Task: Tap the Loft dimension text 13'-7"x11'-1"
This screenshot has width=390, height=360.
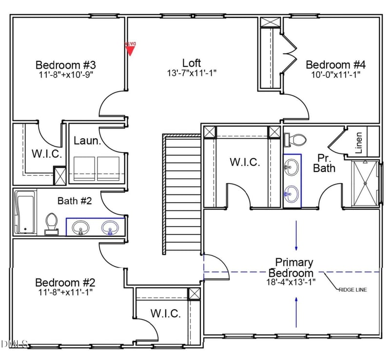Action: (192, 73)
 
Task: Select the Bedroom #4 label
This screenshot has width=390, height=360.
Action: (335, 65)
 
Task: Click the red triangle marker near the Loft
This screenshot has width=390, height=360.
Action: (130, 48)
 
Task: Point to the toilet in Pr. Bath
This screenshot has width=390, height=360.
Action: (295, 140)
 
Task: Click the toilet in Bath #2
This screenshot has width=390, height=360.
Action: (51, 224)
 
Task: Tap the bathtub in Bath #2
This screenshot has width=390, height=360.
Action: (25, 212)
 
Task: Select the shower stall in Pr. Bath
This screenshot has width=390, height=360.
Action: (365, 183)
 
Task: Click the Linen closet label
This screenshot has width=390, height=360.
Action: (359, 143)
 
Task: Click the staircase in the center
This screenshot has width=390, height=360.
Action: (182, 194)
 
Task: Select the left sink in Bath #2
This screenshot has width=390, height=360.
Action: (80, 227)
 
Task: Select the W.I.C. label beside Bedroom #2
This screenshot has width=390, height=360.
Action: (165, 313)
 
